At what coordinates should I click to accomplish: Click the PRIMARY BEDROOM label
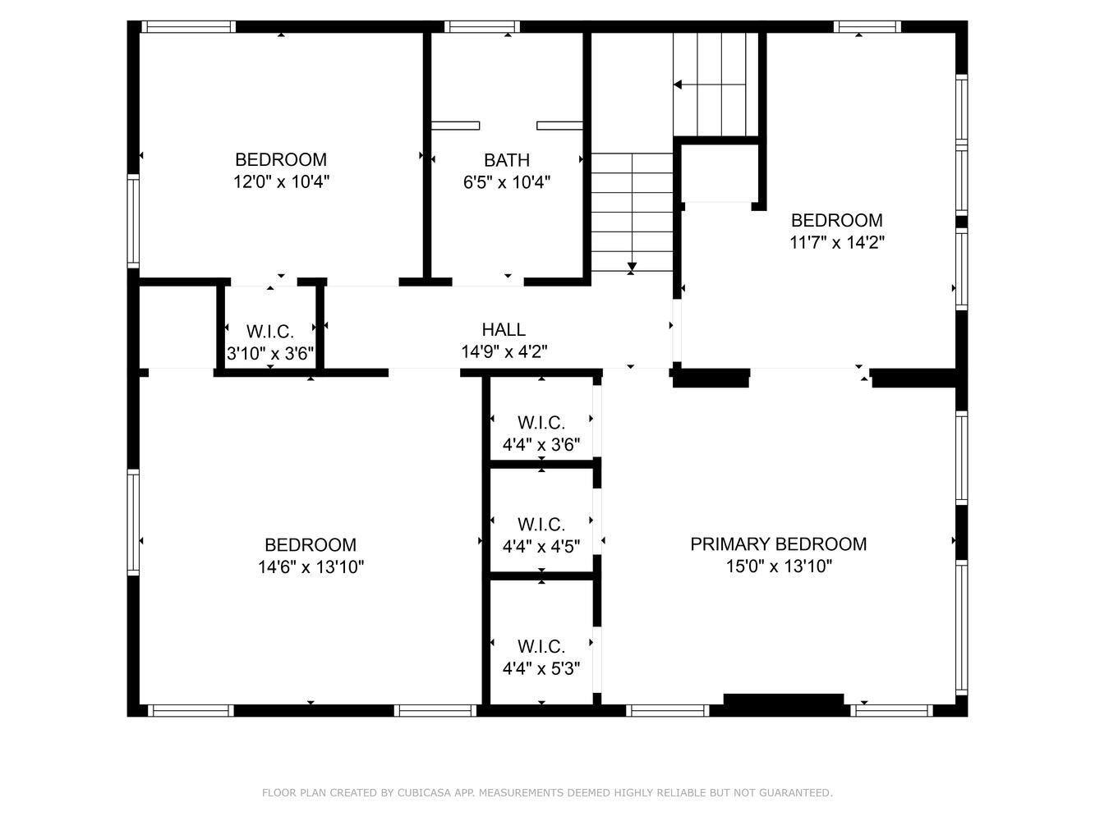click(x=778, y=544)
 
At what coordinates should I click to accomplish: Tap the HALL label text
click(x=504, y=329)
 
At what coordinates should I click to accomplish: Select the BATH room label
click(x=506, y=160)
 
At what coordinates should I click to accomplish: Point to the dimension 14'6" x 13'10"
click(x=311, y=566)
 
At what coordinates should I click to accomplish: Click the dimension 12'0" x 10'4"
click(x=282, y=181)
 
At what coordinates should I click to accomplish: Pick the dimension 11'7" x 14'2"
click(x=836, y=242)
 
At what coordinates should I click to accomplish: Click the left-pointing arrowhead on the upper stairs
click(x=678, y=85)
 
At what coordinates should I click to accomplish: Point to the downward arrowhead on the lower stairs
click(x=632, y=266)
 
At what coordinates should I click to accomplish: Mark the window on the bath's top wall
click(x=482, y=27)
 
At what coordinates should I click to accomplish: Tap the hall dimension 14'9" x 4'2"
click(x=504, y=352)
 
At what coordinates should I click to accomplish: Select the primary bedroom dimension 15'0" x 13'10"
click(x=779, y=566)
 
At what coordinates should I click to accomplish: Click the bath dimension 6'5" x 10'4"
click(x=506, y=182)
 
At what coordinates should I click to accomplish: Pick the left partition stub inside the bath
click(x=455, y=126)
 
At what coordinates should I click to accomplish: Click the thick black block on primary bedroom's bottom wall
click(x=784, y=699)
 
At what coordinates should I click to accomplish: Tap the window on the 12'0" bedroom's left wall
click(x=133, y=221)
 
